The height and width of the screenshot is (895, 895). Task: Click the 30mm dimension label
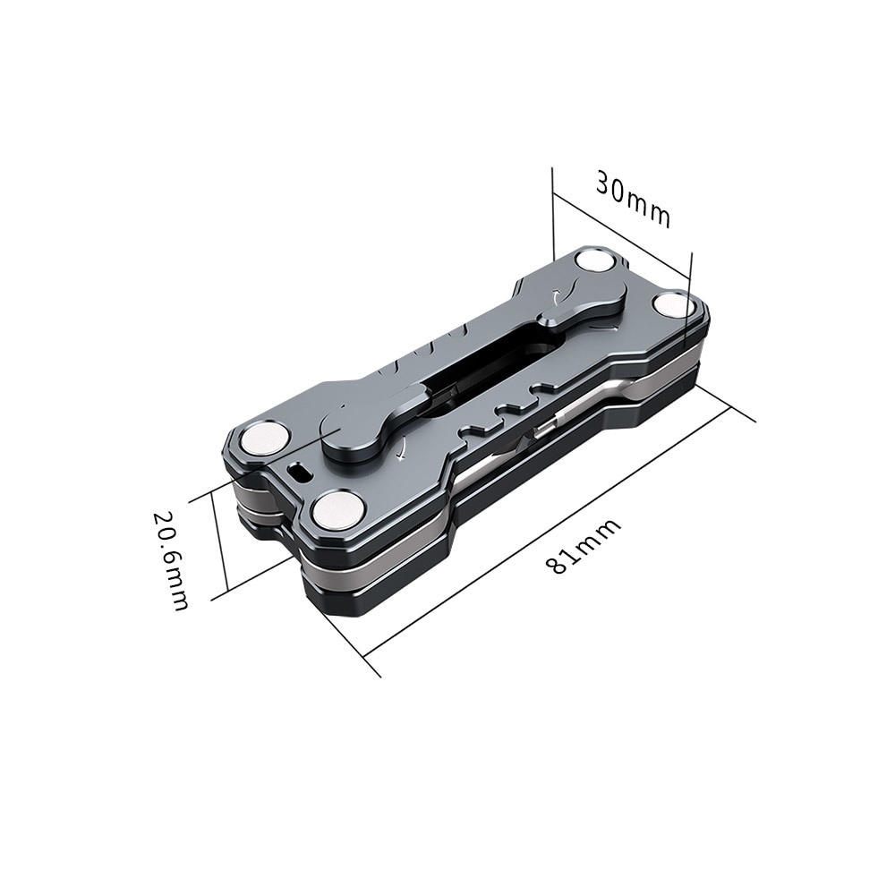[633, 200]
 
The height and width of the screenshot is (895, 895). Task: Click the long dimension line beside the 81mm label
[555, 529]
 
